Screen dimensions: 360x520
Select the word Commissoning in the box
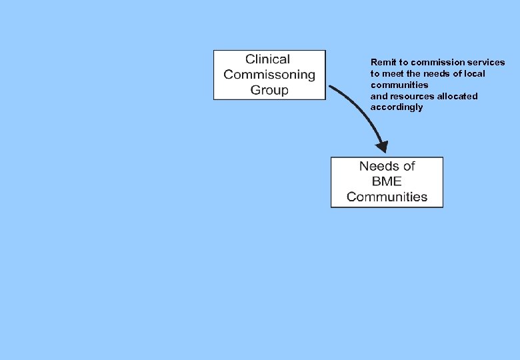tap(269, 75)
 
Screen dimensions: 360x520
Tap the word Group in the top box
tap(269, 90)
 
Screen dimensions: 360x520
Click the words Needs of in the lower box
tap(387, 167)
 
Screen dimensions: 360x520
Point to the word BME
tap(387, 182)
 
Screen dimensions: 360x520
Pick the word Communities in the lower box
tap(387, 197)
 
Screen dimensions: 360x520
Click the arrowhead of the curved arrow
tap(381, 146)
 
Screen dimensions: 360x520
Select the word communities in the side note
tap(399, 85)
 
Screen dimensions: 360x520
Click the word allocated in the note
tap(457, 97)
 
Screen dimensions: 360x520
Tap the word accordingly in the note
tap(397, 107)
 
